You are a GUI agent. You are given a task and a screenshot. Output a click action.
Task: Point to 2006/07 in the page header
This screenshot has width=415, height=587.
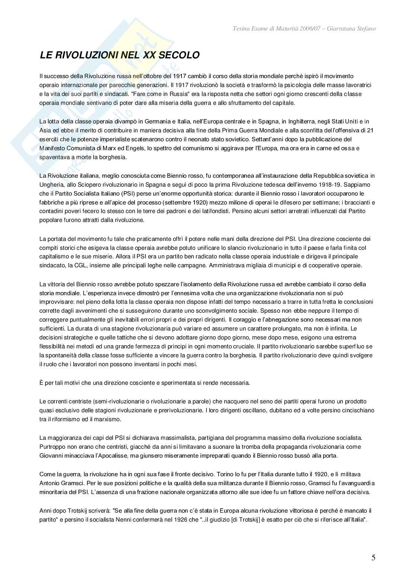click(x=309, y=29)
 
